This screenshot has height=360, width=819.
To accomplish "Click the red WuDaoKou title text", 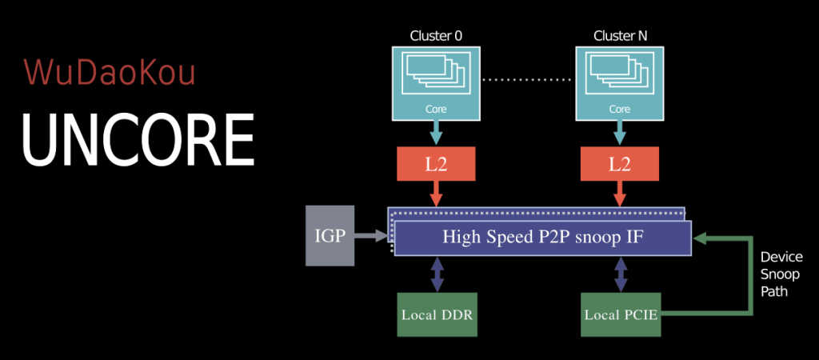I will coord(110,72).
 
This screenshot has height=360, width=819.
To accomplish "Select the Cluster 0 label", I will coord(436,36).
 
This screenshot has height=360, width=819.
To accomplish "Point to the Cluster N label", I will coord(620,36).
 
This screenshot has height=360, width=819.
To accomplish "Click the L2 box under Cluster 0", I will coord(436,164).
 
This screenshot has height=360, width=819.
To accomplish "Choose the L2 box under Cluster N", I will coord(620,164).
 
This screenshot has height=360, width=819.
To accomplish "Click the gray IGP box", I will coord(330,235).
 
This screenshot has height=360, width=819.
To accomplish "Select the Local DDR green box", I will coord(437,314).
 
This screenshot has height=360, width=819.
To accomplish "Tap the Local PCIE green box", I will coord(621,314).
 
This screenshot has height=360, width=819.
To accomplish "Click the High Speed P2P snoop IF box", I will coord(542,238).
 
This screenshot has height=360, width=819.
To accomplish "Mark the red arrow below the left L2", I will coord(436,194).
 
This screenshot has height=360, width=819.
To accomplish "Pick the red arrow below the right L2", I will coord(620,194).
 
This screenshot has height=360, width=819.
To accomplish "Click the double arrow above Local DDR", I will coord(436,274).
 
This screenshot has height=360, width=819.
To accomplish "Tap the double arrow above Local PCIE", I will coord(620,274).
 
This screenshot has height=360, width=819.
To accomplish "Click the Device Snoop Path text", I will coord(781,274).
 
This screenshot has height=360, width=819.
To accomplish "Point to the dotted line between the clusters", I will coord(528,80).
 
